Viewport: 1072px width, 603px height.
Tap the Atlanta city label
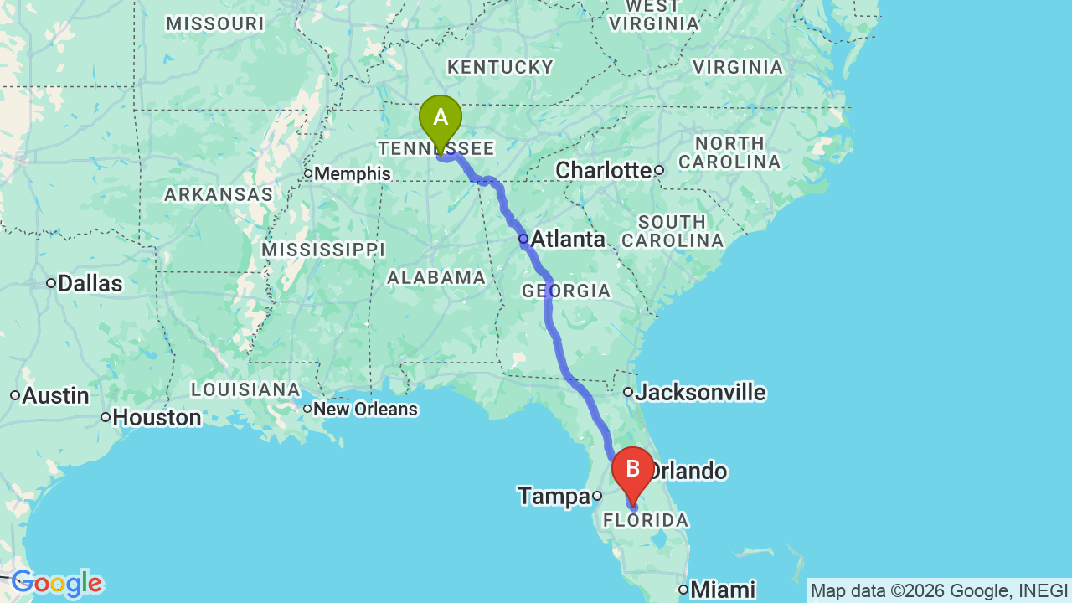pyautogui.click(x=567, y=240)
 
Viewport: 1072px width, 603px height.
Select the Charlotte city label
pyautogui.click(x=603, y=170)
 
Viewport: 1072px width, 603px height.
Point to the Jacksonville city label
pyautogui.click(x=700, y=392)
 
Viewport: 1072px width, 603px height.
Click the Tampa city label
pyautogui.click(x=554, y=497)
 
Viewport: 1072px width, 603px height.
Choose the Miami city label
pyautogui.click(x=723, y=590)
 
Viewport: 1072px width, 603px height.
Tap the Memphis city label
pyautogui.click(x=353, y=174)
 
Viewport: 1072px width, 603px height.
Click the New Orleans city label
pyautogui.click(x=366, y=410)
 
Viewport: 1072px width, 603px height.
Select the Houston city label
pyautogui.click(x=157, y=417)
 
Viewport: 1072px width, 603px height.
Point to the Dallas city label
pyautogui.click(x=90, y=283)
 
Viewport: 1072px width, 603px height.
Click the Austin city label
pyautogui.click(x=55, y=395)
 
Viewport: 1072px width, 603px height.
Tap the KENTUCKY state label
pyautogui.click(x=500, y=67)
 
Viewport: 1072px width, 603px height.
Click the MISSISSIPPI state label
pyautogui.click(x=323, y=250)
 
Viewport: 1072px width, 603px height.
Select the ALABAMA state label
pyautogui.click(x=436, y=277)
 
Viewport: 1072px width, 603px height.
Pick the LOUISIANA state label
pyautogui.click(x=245, y=389)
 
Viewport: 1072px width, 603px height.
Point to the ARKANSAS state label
pyautogui.click(x=219, y=195)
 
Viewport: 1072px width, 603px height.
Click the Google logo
pyautogui.click(x=57, y=584)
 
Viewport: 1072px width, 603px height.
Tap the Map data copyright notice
pyautogui.click(x=939, y=590)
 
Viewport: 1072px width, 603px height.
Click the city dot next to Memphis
pyautogui.click(x=308, y=174)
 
